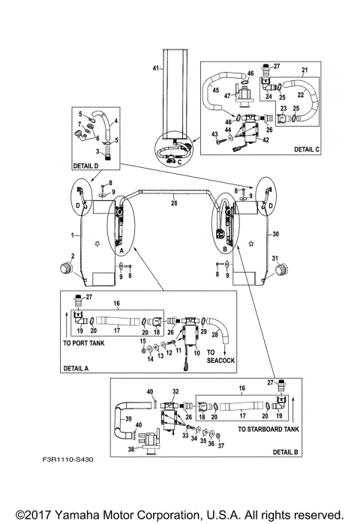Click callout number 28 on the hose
point(173,202)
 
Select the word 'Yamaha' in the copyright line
point(79,515)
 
